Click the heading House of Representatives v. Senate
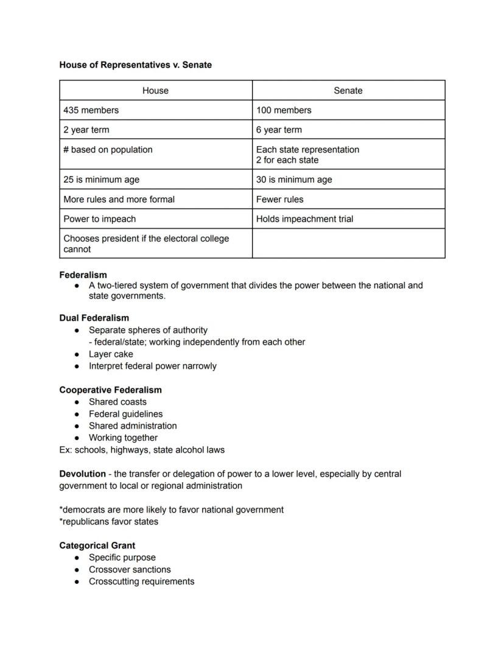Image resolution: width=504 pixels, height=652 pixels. pyautogui.click(x=135, y=65)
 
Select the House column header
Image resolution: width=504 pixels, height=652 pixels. pyautogui.click(x=155, y=91)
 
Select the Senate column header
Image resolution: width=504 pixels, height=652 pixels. pyautogui.click(x=348, y=91)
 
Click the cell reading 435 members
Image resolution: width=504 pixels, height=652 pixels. pyautogui.click(x=91, y=110)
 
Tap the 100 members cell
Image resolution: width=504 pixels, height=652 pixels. pyautogui.click(x=284, y=110)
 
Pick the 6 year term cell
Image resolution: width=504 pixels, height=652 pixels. pyautogui.click(x=279, y=130)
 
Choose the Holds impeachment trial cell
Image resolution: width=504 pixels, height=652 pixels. pyautogui.click(x=304, y=219)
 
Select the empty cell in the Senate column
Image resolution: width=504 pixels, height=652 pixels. pyautogui.click(x=348, y=244)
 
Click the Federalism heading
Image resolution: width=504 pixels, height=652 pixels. pyautogui.click(x=83, y=275)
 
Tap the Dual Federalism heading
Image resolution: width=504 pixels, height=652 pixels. pyautogui.click(x=94, y=318)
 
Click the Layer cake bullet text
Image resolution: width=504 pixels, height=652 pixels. pyautogui.click(x=111, y=354)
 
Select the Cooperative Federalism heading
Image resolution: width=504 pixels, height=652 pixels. pyautogui.click(x=110, y=390)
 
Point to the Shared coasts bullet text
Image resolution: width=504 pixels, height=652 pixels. pyautogui.click(x=117, y=402)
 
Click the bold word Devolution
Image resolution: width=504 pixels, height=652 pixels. pyautogui.click(x=82, y=474)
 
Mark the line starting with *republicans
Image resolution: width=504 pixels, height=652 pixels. pyautogui.click(x=108, y=522)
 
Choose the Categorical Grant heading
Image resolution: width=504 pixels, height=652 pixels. pyautogui.click(x=97, y=545)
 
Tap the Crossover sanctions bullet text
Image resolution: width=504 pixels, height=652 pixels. pyautogui.click(x=130, y=570)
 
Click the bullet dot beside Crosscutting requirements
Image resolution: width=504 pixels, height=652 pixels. pyautogui.click(x=77, y=582)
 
